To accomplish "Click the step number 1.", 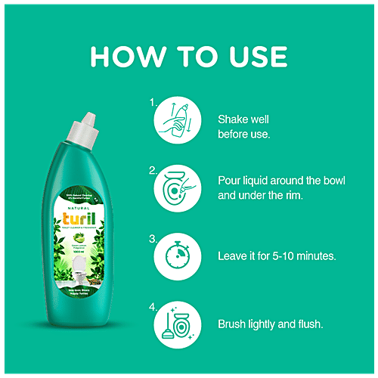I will point(153,101).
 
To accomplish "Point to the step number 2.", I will point(153,170).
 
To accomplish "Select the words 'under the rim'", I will point(277,195).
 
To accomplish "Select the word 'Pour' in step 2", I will point(230,181).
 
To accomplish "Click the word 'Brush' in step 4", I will point(234,324).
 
